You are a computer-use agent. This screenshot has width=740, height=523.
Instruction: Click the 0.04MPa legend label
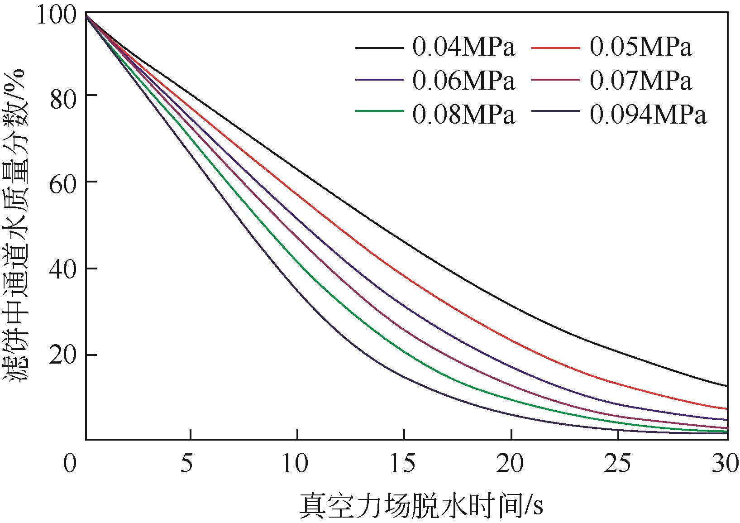(x=463, y=47)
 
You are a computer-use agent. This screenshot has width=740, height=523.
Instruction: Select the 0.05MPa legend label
(x=640, y=47)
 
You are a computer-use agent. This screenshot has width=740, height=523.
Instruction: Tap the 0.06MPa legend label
(x=463, y=82)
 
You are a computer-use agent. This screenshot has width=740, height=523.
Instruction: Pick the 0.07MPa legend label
(x=640, y=82)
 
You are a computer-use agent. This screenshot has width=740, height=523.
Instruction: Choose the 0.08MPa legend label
(x=463, y=115)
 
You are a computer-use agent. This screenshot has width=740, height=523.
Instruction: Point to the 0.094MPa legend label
(x=648, y=115)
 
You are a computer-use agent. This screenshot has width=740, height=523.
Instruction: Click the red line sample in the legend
(x=556, y=47)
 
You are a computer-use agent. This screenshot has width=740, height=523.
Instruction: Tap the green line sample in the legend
(x=379, y=110)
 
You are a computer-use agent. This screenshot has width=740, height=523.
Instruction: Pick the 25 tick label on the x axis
(x=617, y=464)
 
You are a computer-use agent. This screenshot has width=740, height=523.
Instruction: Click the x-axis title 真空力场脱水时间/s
(x=421, y=505)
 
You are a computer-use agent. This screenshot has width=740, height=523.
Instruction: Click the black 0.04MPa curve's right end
(x=726, y=386)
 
